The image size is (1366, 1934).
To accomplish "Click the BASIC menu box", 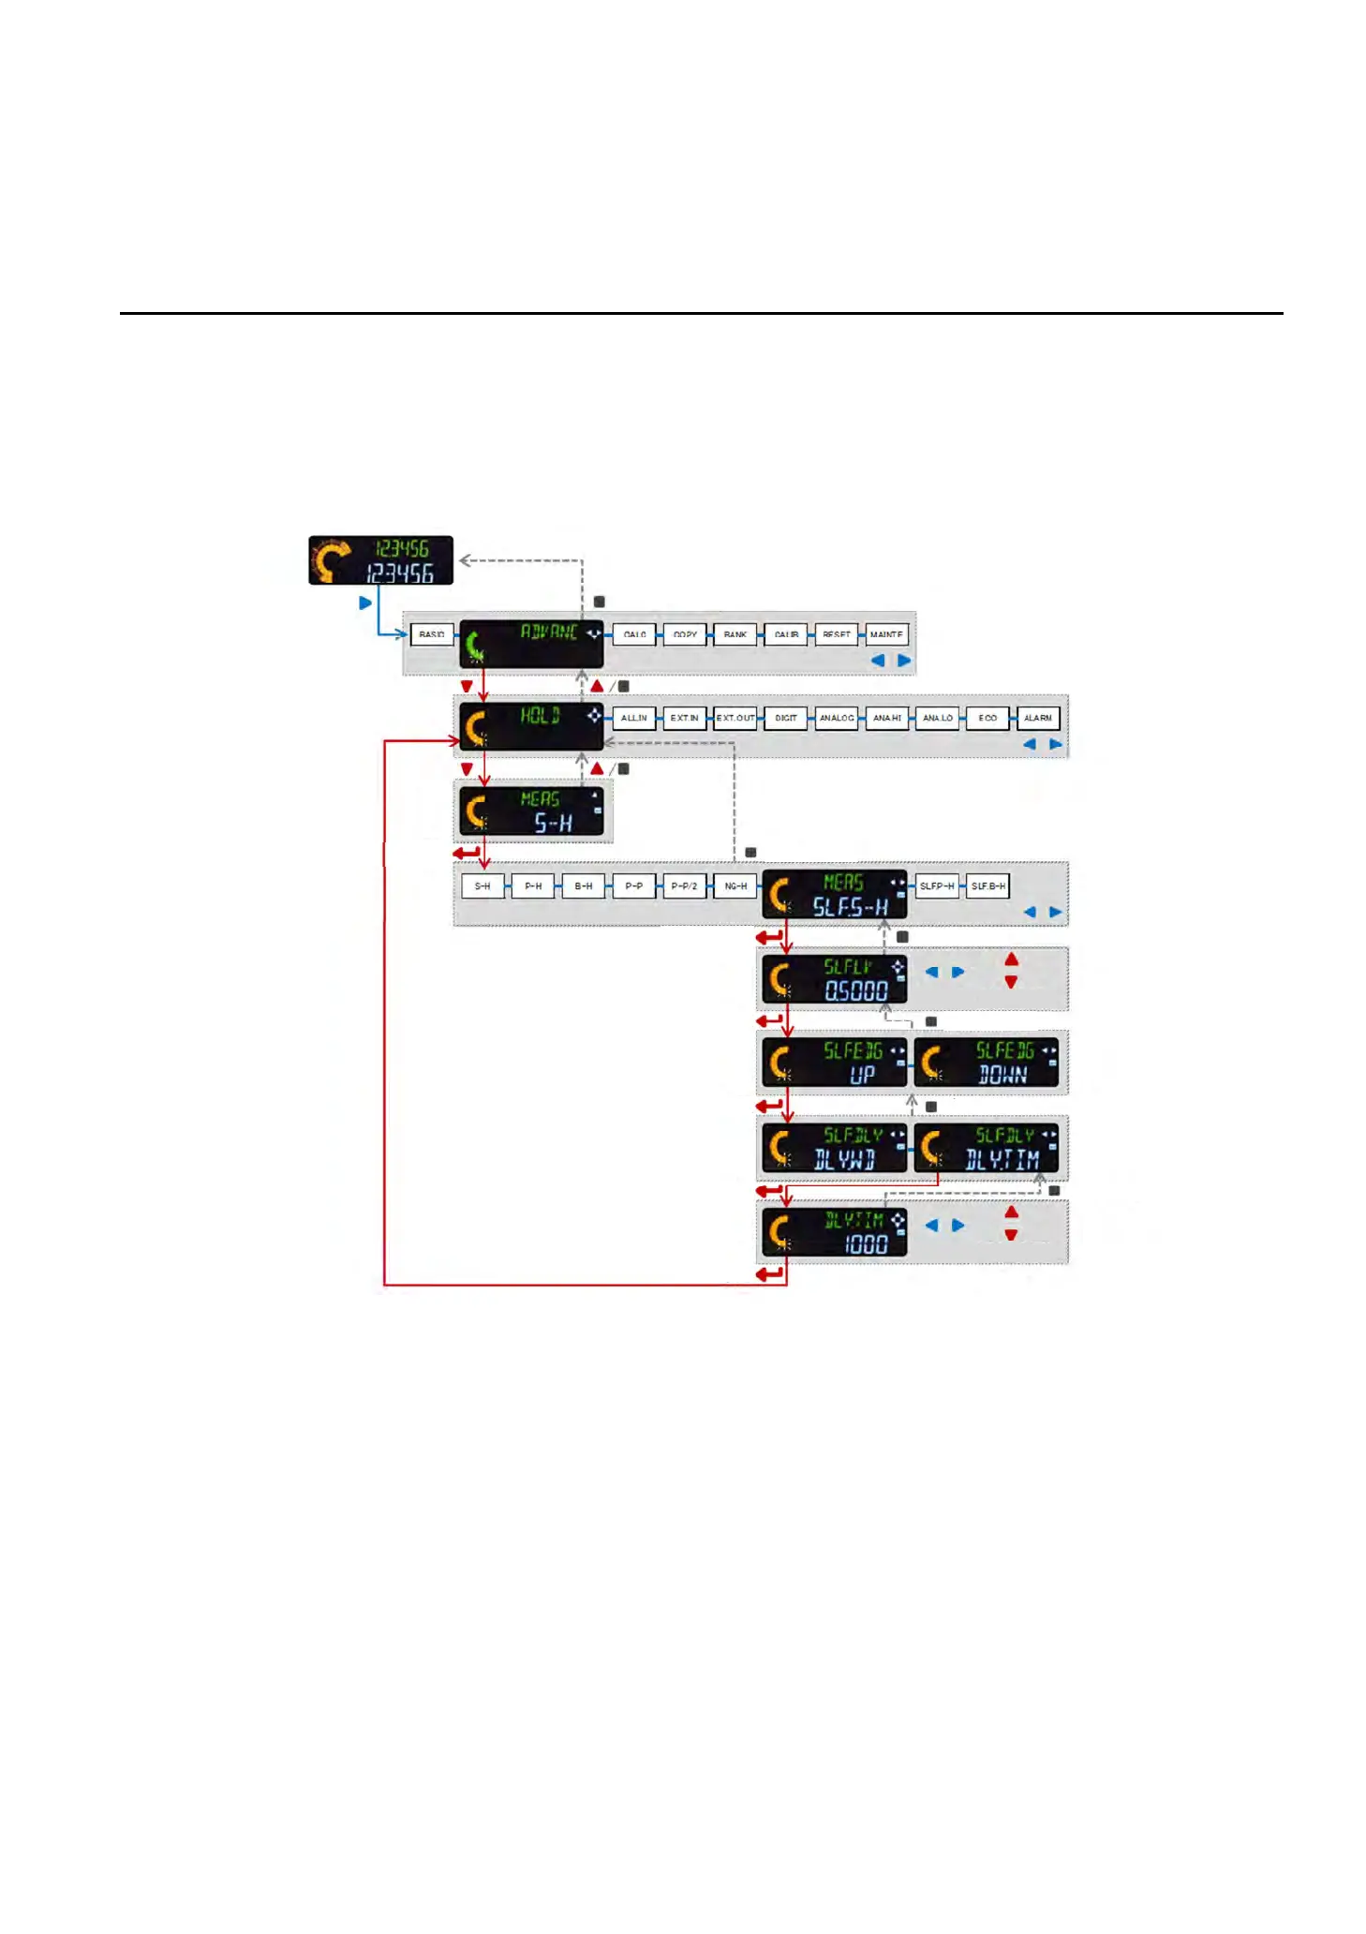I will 432,634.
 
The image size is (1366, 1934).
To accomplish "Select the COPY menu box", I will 685,634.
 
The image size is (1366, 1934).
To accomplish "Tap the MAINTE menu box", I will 885,634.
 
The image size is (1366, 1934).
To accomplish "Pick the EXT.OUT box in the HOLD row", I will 735,718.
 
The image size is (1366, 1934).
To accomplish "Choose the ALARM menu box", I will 1037,718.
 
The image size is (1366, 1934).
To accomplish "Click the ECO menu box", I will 987,718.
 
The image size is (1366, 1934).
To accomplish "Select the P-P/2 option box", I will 684,885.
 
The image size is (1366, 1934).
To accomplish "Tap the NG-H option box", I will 735,885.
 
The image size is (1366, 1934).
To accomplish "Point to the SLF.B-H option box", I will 987,885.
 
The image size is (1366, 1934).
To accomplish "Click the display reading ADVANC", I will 531,642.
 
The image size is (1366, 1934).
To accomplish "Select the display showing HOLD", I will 531,726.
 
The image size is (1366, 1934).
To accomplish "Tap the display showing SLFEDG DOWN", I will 987,1062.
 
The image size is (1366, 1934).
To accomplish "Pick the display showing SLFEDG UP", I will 834,1062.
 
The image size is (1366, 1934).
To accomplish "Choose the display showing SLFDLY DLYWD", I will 834,1147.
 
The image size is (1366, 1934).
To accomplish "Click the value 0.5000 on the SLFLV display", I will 855,990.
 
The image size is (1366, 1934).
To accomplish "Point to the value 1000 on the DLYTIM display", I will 866,1244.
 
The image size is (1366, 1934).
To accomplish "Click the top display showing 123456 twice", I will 380,560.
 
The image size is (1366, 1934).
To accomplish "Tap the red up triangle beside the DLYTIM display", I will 1011,1212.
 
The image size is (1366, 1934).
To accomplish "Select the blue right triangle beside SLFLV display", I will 958,972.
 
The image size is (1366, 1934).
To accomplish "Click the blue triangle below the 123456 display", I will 365,603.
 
